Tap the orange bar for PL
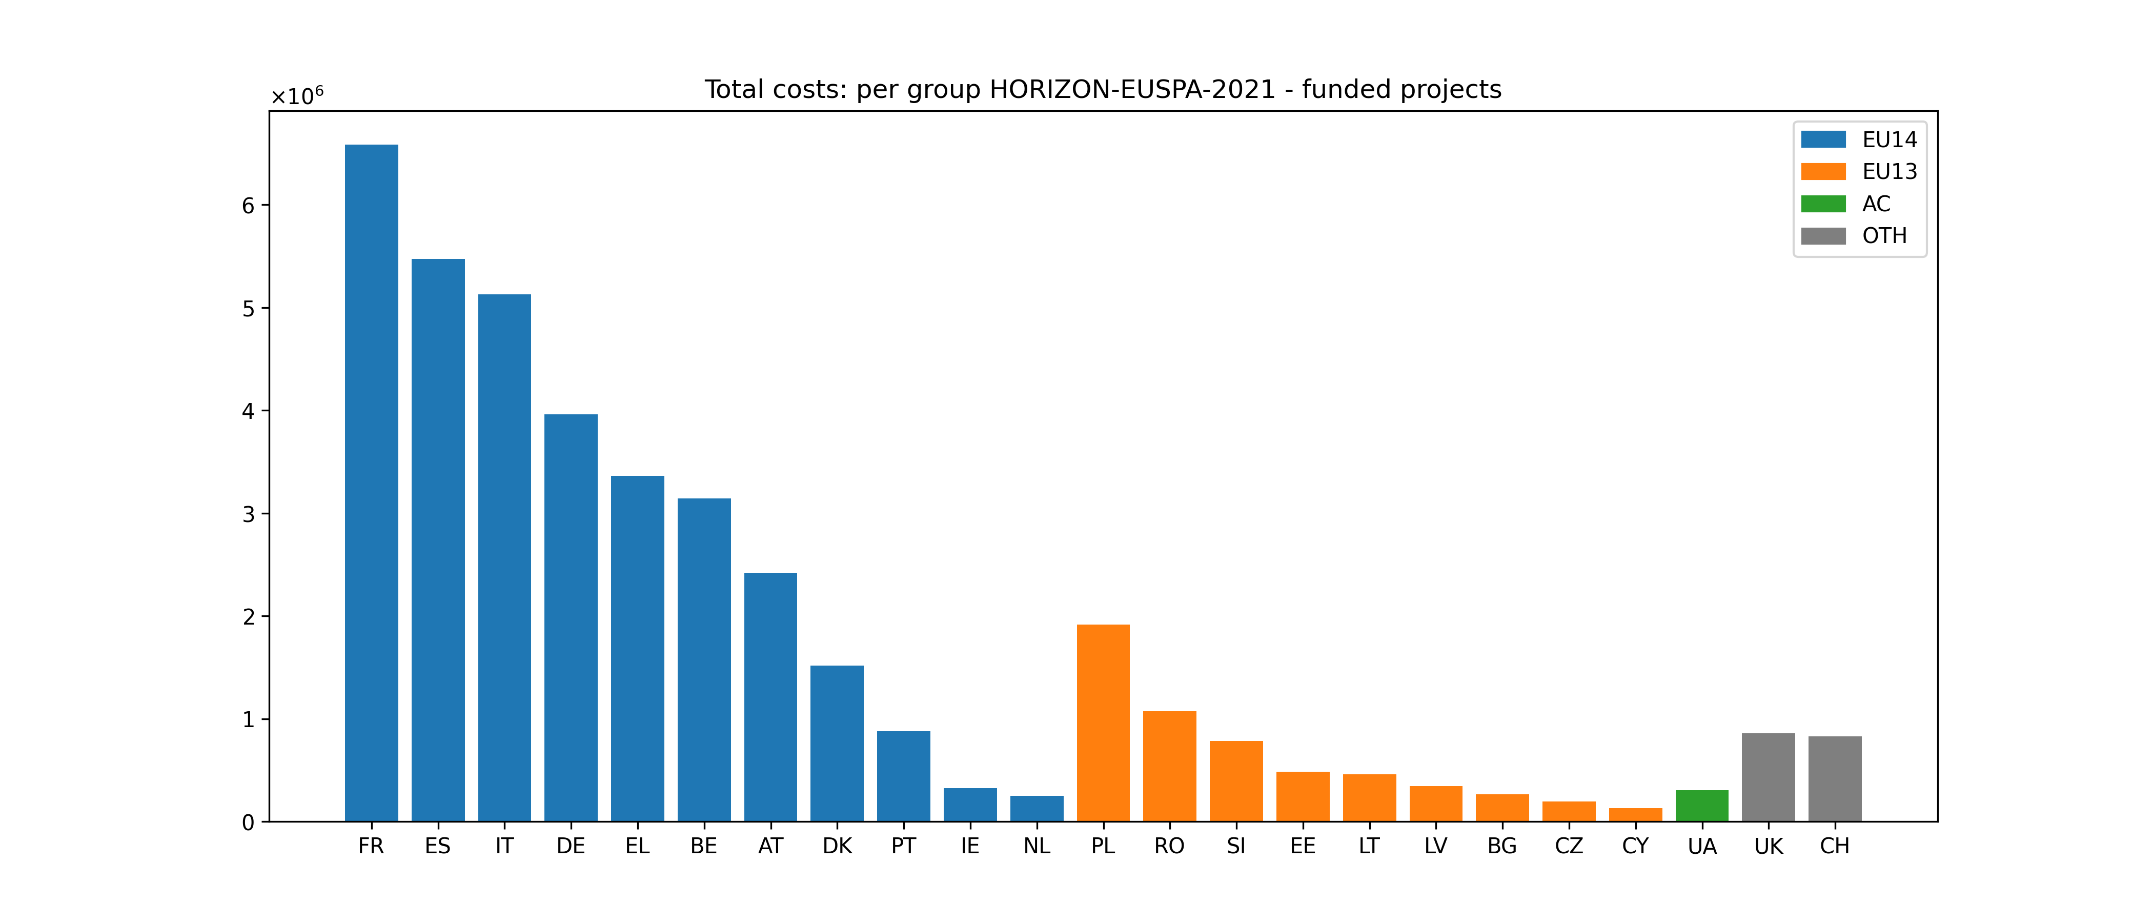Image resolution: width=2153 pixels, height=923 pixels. point(1103,723)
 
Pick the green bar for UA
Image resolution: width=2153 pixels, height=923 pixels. point(1702,806)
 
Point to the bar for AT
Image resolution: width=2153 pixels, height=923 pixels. point(770,697)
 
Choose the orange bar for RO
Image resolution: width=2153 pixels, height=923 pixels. point(1169,767)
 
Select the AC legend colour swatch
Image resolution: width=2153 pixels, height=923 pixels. point(1823,204)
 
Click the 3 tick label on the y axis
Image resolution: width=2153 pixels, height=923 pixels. point(248,514)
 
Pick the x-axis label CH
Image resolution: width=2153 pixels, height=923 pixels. point(1835,846)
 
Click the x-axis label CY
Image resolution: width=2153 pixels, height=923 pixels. point(1635,846)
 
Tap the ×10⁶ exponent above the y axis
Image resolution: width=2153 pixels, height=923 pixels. point(297,97)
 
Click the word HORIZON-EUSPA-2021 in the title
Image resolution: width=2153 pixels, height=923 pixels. point(1132,89)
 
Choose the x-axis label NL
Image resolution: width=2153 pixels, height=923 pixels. point(1037,846)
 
